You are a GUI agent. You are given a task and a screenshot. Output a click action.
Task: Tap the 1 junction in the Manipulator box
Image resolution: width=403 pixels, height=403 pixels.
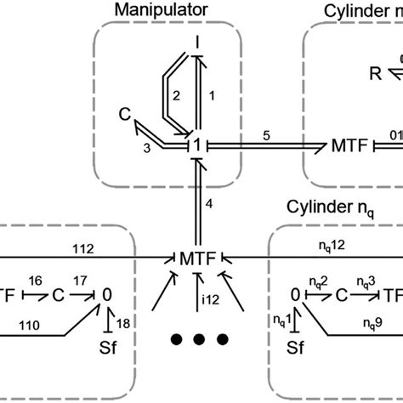click(196, 145)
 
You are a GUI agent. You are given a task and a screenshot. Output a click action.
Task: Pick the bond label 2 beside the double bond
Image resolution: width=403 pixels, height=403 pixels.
click(176, 98)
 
